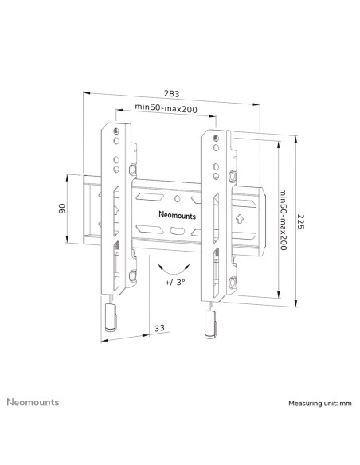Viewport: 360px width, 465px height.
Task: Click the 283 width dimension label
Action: coord(172,94)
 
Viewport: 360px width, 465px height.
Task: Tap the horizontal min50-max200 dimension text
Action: coord(166,108)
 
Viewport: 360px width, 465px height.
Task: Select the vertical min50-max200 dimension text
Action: coord(284,220)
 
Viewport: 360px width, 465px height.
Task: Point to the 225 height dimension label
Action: coord(301,221)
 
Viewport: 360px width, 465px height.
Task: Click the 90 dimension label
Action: coord(62,209)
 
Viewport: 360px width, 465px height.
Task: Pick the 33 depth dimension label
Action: coord(159,328)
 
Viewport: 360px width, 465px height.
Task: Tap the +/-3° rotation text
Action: coord(175,282)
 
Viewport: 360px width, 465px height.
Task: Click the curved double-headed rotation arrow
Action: coord(174,270)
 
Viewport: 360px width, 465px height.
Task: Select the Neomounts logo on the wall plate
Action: coord(178,215)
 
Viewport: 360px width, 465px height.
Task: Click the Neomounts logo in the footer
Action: coord(33,402)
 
